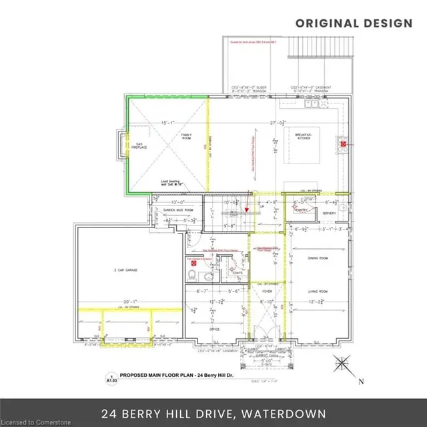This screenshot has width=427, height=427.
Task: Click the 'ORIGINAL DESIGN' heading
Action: pos(354,23)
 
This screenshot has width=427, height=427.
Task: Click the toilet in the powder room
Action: pos(192,274)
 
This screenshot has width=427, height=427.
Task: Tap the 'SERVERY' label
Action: pos(328,213)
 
